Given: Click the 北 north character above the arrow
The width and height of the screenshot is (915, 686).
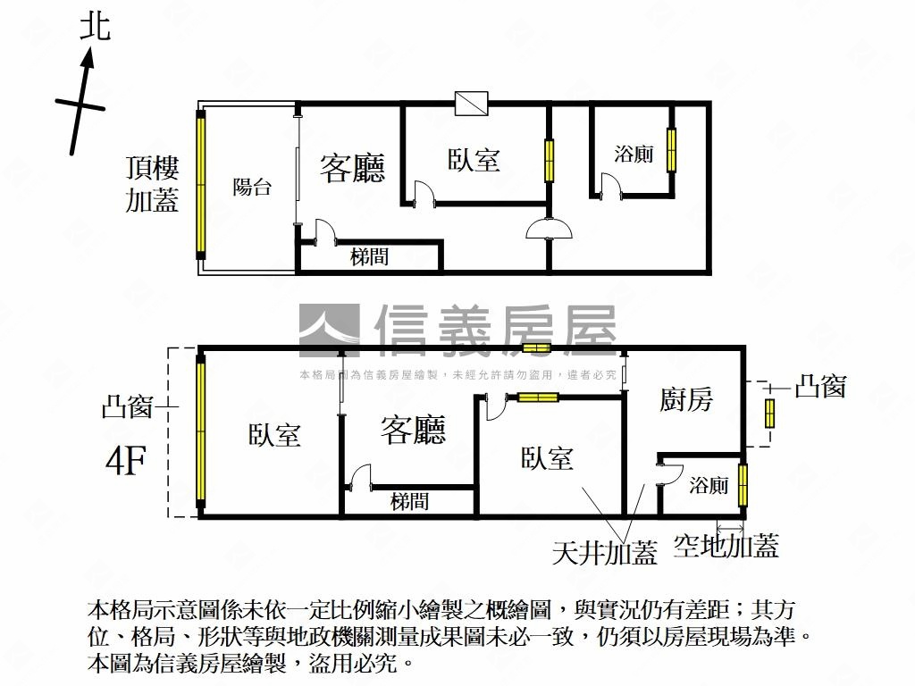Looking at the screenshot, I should pyautogui.click(x=95, y=26).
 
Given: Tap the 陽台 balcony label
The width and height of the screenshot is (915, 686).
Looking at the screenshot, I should pyautogui.click(x=252, y=188).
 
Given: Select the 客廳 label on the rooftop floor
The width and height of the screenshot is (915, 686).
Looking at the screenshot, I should pyautogui.click(x=352, y=168).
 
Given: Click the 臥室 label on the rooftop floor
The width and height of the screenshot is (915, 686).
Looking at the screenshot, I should pyautogui.click(x=474, y=160).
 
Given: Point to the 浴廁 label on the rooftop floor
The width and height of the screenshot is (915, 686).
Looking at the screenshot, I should pyautogui.click(x=634, y=154).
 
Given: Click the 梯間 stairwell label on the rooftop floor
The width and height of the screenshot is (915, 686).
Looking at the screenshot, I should pyautogui.click(x=369, y=257).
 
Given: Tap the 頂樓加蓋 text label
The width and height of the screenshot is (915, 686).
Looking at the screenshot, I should pyautogui.click(x=152, y=184).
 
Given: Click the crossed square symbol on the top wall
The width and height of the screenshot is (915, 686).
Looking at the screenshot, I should pyautogui.click(x=470, y=104).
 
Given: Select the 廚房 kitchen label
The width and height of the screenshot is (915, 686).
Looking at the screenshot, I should pyautogui.click(x=686, y=399).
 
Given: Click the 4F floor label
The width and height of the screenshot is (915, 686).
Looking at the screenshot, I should pyautogui.click(x=126, y=462).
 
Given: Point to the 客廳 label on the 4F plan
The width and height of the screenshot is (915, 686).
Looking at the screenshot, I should pyautogui.click(x=413, y=431).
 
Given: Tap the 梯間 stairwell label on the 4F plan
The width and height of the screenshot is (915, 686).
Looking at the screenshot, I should pyautogui.click(x=409, y=502).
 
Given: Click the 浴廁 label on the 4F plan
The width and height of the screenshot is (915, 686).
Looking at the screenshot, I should pyautogui.click(x=709, y=486).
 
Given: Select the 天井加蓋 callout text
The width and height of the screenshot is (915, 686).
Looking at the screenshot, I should pyautogui.click(x=605, y=554).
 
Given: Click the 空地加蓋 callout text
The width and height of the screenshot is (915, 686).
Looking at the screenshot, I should pyautogui.click(x=726, y=545).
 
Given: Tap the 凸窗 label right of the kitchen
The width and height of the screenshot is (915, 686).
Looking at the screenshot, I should pyautogui.click(x=819, y=387).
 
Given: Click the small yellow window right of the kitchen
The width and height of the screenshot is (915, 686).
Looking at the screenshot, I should pyautogui.click(x=769, y=414).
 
